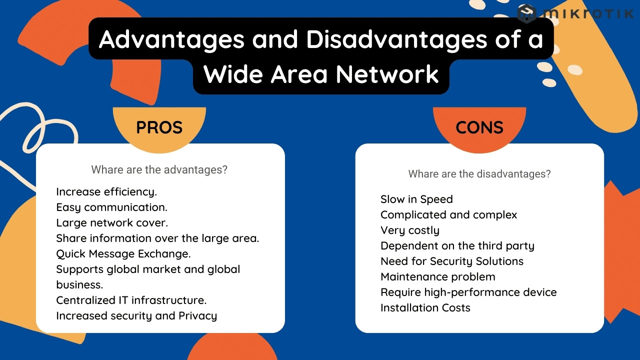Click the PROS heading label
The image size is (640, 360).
tap(159, 127)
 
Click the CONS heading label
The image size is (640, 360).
tap(479, 127)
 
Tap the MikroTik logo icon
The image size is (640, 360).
tap(526, 13)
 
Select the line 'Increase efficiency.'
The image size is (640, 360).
tap(106, 192)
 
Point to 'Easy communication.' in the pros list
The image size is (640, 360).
tap(111, 207)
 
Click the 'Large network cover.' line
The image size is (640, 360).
tap(112, 223)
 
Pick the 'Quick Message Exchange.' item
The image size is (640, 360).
tap(123, 253)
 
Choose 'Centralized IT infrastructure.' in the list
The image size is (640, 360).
tap(131, 300)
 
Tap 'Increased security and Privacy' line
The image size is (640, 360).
tap(136, 315)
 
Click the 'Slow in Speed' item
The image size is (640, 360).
tap(416, 199)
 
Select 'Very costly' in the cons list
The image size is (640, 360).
tap(410, 230)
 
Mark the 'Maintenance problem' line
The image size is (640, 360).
tap(438, 277)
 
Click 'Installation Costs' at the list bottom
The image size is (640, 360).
tap(425, 307)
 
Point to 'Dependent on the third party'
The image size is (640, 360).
tap(457, 246)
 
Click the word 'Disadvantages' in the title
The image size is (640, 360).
tap(396, 39)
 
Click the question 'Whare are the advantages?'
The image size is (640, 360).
tap(159, 169)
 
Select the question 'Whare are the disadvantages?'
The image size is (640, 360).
tap(479, 174)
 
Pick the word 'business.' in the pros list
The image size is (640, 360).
tap(79, 285)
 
